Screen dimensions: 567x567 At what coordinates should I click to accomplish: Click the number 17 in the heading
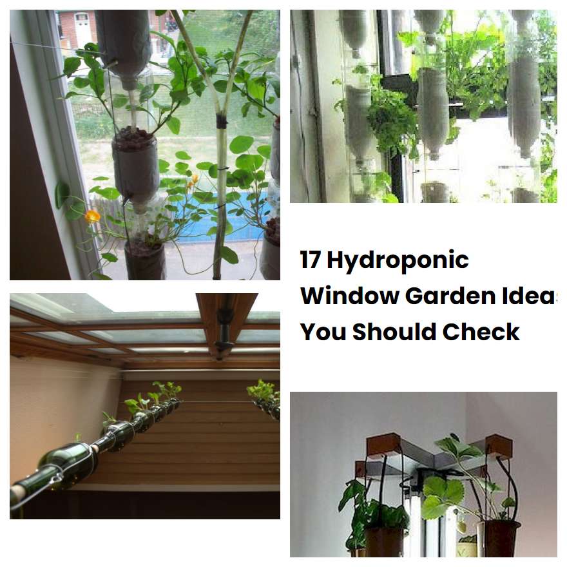tap(311, 260)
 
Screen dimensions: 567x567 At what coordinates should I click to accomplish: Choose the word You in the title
tap(323, 331)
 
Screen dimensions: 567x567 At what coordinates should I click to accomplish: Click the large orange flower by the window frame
tap(93, 216)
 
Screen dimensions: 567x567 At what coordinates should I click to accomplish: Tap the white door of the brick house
tap(82, 29)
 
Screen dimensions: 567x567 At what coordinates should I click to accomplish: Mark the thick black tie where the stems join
tap(221, 120)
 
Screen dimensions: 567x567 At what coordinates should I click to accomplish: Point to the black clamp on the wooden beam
tap(224, 329)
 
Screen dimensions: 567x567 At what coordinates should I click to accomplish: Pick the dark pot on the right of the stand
tap(498, 538)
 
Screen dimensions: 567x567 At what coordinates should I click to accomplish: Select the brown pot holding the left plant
tap(385, 540)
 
